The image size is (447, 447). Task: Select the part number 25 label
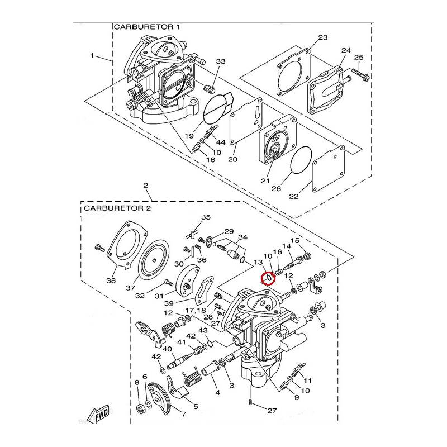359,58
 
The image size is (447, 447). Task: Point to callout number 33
220,61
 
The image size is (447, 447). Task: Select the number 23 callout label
322,38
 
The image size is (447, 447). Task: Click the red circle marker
268,277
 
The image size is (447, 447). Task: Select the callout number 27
272,411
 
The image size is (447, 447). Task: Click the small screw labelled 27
250,403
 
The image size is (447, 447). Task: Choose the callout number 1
92,55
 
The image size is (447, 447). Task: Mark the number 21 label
265,181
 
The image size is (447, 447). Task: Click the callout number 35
206,217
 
